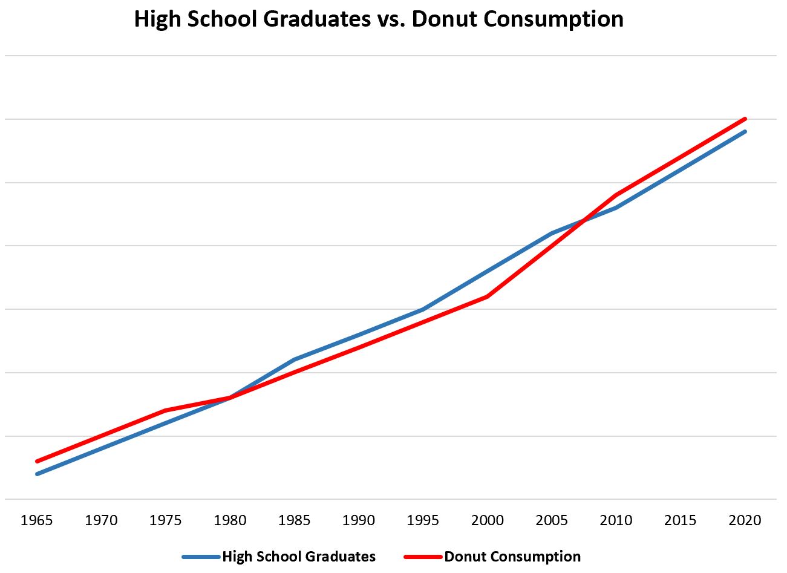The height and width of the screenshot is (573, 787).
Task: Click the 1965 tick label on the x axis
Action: click(37, 520)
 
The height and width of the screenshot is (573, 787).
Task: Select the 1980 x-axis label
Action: click(230, 520)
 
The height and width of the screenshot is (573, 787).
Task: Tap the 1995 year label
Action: click(423, 520)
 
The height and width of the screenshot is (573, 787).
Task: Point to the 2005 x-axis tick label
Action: click(552, 520)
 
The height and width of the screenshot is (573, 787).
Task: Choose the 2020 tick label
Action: click(745, 520)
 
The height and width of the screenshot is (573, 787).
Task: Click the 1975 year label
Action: click(166, 520)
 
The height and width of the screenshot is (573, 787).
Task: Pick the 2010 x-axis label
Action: click(616, 520)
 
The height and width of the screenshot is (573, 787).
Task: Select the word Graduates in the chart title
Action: click(311, 19)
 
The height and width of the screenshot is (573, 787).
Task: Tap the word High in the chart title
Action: click(157, 19)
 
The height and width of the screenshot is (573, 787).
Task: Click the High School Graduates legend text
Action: click(299, 557)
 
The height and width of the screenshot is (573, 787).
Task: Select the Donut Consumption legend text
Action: click(512, 557)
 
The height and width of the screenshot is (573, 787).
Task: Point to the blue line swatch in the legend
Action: click(201, 557)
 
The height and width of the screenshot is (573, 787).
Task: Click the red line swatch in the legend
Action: click(423, 557)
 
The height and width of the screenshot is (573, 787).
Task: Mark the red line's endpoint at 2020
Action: click(745, 119)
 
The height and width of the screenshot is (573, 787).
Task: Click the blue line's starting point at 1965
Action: click(37, 474)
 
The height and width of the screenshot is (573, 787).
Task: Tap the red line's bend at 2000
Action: click(488, 296)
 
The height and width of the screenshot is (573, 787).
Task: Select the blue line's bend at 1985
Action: click(295, 360)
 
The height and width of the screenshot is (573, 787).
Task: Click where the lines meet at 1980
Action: click(230, 398)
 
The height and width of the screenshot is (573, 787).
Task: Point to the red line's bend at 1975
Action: click(166, 410)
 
